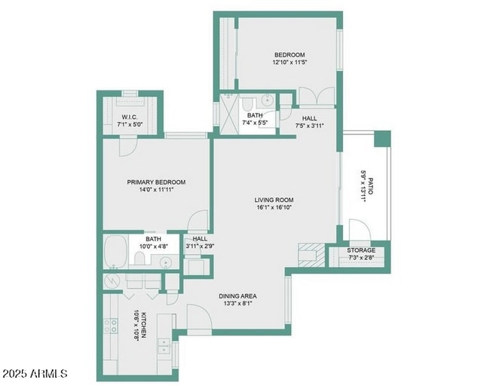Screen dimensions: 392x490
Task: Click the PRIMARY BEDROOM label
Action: [156, 182]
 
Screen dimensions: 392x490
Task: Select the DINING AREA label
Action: [239, 296]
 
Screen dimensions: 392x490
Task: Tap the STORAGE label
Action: [360, 250]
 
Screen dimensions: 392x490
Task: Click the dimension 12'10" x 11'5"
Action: [289, 63]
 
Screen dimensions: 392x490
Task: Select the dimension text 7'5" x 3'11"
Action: [309, 127]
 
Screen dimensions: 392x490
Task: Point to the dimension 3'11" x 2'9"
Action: [201, 247]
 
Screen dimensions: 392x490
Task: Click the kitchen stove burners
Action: [112, 326]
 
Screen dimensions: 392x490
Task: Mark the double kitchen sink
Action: [163, 346]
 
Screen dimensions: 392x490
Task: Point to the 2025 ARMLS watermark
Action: [35, 373]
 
